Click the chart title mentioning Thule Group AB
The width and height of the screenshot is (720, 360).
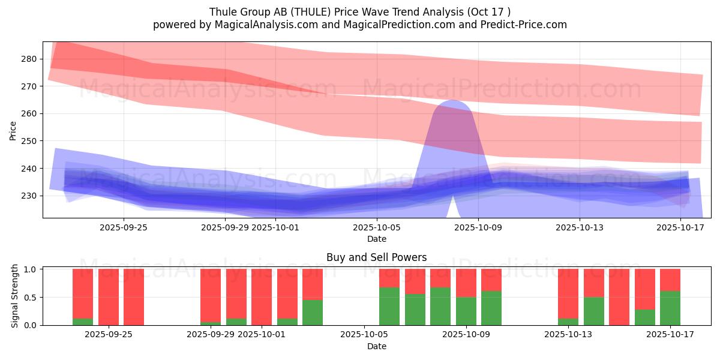359,11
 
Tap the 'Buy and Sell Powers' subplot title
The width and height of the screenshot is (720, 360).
376,257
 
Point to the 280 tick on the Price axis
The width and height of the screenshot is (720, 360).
29,59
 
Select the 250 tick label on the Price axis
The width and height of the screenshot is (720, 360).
29,141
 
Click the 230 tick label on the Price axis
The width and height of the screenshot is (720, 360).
29,196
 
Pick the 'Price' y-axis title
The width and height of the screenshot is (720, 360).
13,130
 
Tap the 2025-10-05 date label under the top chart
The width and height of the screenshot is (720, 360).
376,227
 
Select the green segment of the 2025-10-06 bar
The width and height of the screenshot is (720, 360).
389,306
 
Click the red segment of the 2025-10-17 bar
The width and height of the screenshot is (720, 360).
670,280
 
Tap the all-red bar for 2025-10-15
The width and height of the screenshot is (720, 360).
619,297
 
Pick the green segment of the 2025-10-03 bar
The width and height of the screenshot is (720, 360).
313,312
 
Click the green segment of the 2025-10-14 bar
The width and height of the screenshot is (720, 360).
594,311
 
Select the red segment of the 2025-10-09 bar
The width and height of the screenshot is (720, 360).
466,283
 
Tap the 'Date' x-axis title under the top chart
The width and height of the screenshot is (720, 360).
376,239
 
